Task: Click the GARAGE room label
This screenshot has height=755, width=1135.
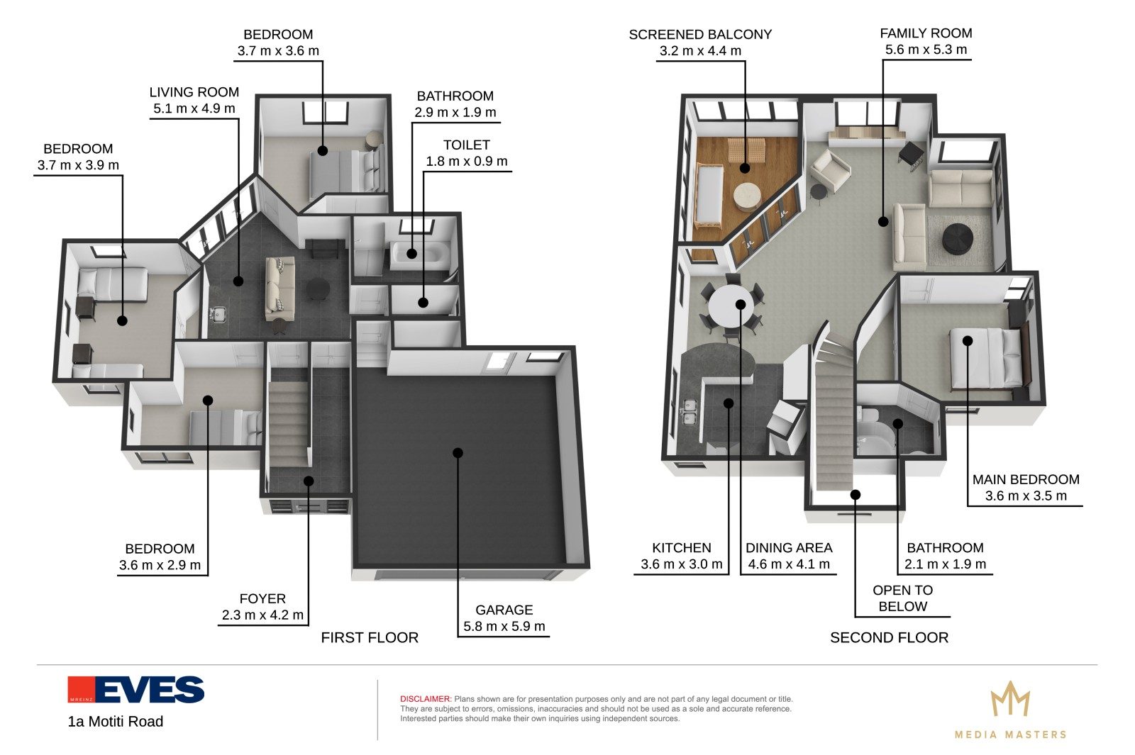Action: point(504,610)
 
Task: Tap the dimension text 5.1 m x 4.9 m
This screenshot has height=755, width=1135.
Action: point(194,108)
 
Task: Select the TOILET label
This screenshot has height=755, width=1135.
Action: point(466,145)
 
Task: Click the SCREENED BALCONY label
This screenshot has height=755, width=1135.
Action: point(700,35)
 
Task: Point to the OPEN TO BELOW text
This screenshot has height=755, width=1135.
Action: point(902,598)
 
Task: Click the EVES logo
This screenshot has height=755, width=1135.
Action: point(135,689)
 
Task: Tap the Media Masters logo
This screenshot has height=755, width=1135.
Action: point(1010,710)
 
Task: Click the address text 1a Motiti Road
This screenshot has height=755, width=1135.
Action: point(116,721)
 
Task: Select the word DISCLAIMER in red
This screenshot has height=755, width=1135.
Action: point(426,699)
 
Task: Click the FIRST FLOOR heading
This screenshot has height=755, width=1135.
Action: point(370,637)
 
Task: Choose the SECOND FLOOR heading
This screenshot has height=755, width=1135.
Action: point(889,637)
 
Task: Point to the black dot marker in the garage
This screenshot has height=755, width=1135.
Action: point(458,453)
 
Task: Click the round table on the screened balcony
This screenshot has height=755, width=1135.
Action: point(747,196)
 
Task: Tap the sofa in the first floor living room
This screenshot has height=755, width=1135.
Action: point(280,288)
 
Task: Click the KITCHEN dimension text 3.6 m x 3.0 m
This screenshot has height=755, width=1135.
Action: point(681,564)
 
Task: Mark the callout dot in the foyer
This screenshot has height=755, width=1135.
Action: point(309,481)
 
